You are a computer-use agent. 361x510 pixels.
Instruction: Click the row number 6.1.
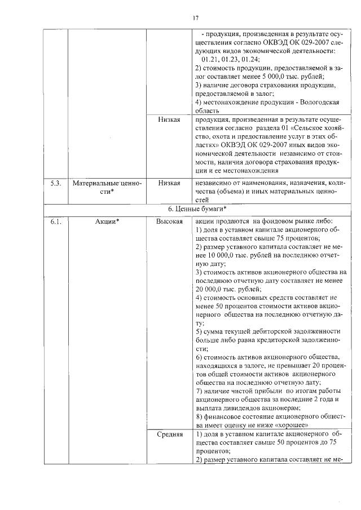(x=55, y=221)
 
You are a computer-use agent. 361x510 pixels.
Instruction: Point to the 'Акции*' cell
(x=107, y=221)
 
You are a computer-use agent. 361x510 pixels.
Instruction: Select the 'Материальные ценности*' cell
(x=107, y=188)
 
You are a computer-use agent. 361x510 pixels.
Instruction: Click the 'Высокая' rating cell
(x=169, y=221)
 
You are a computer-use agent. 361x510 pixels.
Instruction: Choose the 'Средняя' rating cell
(x=169, y=434)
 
